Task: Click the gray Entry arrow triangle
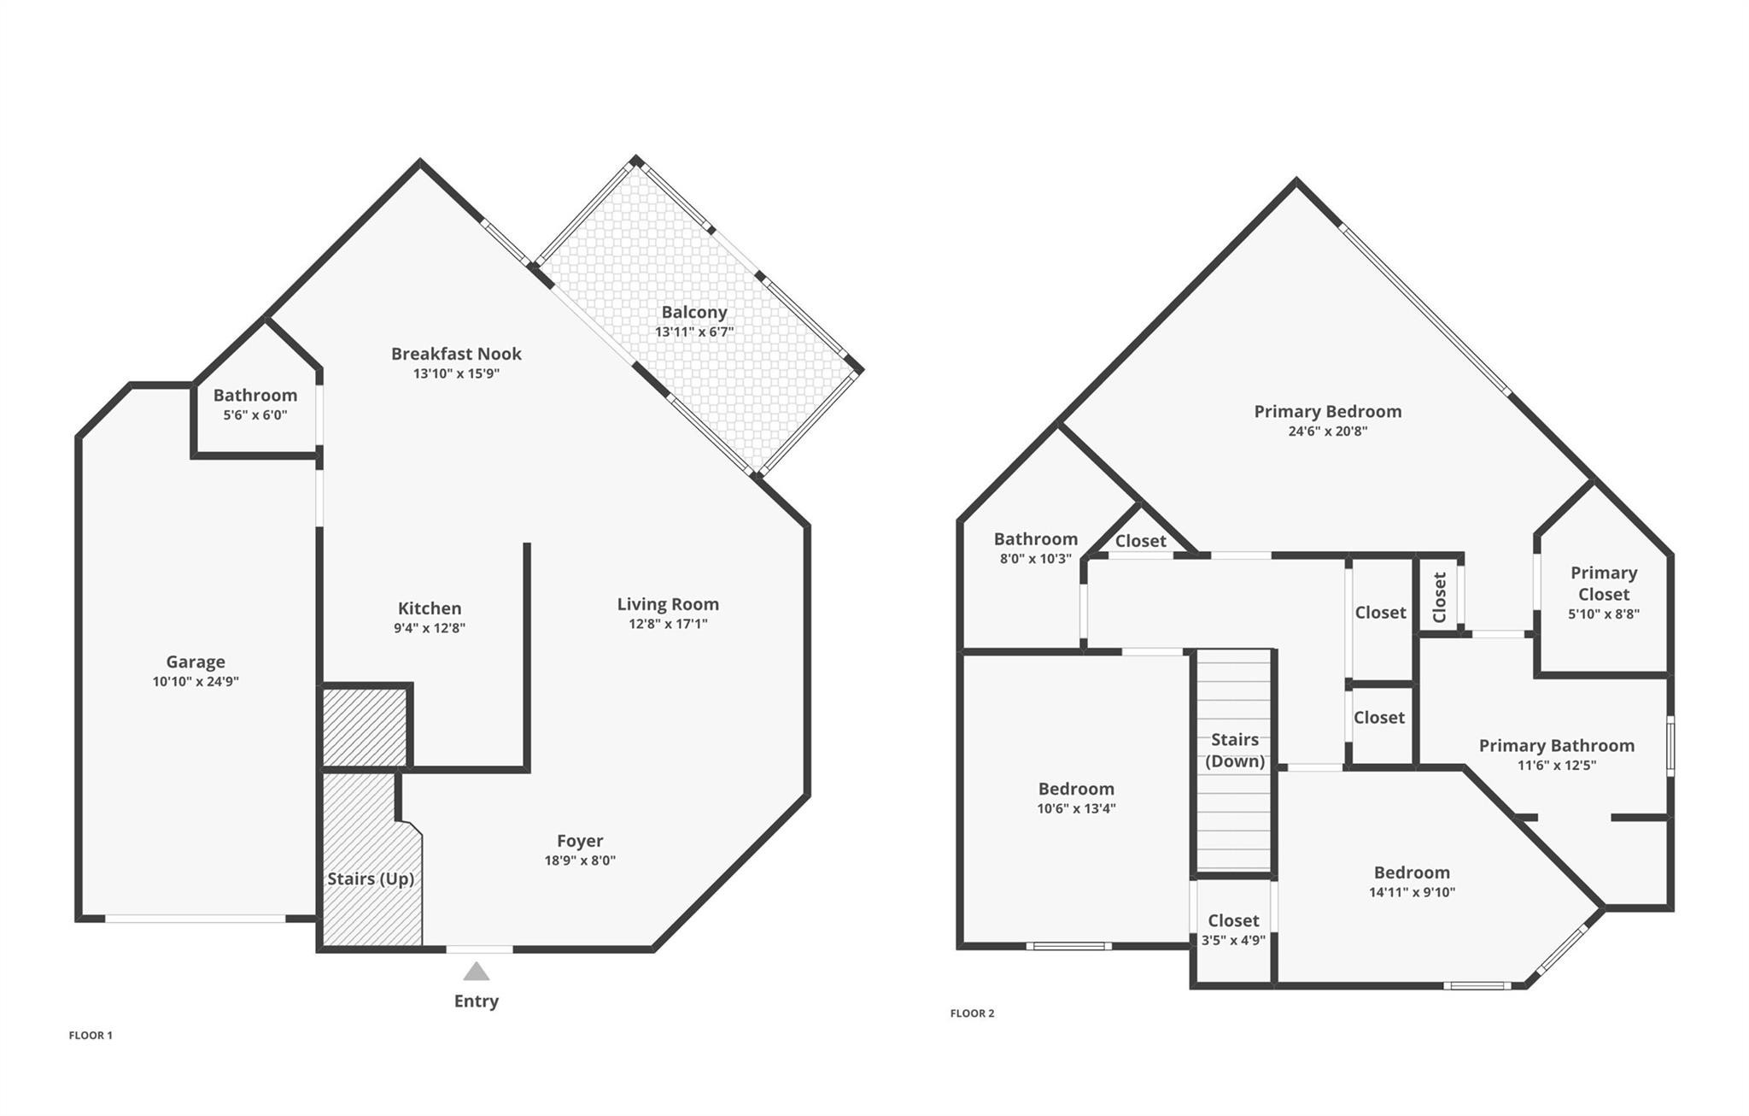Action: [477, 972]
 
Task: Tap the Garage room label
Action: [196, 661]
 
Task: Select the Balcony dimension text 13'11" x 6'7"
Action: [694, 332]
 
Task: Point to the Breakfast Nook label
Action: [456, 354]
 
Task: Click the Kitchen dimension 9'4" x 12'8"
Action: [430, 628]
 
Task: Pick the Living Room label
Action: [668, 604]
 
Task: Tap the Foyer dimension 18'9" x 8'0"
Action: [580, 860]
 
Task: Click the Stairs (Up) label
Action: [371, 878]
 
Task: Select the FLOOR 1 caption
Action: [91, 1036]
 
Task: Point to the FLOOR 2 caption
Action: [972, 1013]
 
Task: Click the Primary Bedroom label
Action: [1327, 411]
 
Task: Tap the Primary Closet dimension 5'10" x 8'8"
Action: [1603, 614]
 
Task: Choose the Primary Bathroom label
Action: [1556, 745]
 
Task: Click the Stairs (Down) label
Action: [1234, 750]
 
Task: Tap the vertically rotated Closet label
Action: [1439, 597]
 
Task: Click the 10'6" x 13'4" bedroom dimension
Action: [1076, 808]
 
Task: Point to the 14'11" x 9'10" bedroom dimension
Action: [1412, 892]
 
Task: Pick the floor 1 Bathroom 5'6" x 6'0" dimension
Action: [254, 415]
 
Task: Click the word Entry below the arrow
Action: [476, 1001]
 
